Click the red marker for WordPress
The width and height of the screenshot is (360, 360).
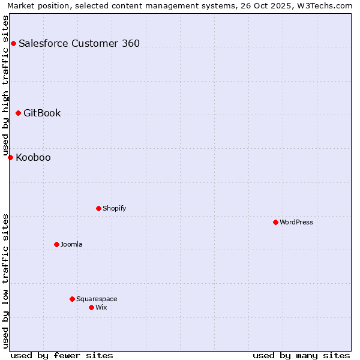[275, 222]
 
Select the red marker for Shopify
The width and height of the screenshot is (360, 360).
[98, 208]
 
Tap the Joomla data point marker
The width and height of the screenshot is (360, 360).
[56, 244]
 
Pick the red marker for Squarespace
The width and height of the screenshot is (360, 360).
[72, 299]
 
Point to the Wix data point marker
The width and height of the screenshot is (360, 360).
[91, 307]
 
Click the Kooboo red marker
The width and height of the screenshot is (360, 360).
[10, 157]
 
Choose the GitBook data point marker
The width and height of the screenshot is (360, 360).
[18, 113]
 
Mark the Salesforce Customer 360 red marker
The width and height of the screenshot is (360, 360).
[13, 43]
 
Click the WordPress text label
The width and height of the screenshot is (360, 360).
[296, 222]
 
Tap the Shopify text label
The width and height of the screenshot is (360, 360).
[114, 208]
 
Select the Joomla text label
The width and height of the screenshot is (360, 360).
[71, 244]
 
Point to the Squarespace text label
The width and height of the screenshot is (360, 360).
[97, 299]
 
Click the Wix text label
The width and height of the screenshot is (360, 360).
[101, 307]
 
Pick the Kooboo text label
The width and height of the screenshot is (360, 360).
[33, 158]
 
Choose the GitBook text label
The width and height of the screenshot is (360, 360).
[42, 113]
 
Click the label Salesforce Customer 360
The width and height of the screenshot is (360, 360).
[79, 43]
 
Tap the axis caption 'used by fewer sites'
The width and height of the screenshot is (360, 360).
[62, 355]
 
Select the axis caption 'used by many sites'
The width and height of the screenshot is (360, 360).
[301, 355]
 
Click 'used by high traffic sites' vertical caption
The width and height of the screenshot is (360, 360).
[5, 85]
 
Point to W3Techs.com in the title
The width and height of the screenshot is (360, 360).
[326, 5]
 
